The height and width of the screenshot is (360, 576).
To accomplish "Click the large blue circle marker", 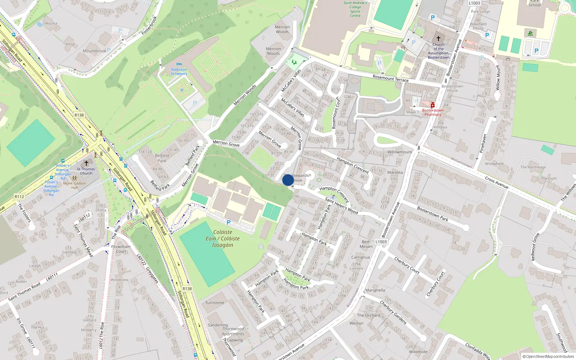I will point(288,180).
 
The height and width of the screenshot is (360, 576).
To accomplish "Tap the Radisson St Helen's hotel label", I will point(179,71).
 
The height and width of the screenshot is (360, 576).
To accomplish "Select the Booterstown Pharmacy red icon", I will point(433,105).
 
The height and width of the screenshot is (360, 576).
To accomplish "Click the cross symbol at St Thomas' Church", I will point(86,163).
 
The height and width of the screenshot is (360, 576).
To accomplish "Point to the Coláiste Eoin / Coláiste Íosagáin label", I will point(222,239).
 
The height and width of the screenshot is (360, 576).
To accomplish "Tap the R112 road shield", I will point(19,197).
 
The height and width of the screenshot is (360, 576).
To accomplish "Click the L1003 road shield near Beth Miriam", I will point(381,242).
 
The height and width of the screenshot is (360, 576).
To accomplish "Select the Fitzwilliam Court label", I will point(121,249).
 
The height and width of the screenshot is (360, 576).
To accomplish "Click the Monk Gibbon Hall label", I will point(75,185).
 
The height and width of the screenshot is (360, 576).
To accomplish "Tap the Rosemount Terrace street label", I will point(391,78).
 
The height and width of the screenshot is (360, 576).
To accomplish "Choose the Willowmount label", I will point(400,152).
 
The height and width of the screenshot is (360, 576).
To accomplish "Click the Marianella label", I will point(375,290).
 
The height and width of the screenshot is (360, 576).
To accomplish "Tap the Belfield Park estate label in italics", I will point(162,158).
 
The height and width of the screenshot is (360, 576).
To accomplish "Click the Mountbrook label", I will point(94,51).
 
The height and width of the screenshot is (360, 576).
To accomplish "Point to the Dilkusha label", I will point(50,23).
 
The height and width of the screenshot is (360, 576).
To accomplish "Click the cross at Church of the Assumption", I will point(438,38).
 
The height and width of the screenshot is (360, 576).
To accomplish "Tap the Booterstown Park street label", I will point(432,213).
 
